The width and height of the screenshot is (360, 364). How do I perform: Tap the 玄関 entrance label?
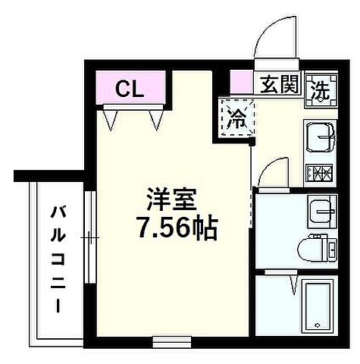coord(281,84)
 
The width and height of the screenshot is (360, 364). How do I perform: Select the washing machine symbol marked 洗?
coord(324,87)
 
